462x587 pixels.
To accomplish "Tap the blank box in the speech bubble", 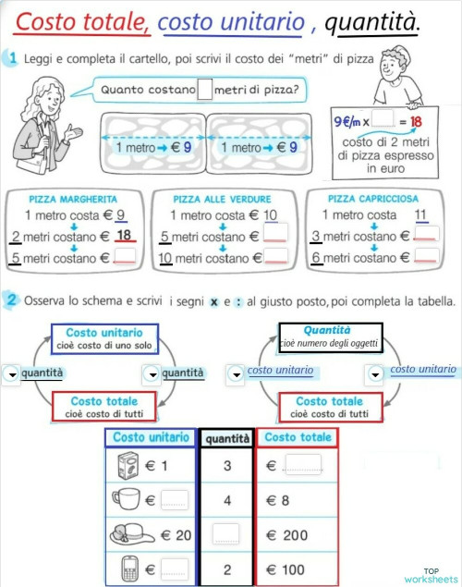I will pos(205,90).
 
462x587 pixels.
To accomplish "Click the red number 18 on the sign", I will pos(416,121).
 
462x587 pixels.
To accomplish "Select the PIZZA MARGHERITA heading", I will pos(73,199).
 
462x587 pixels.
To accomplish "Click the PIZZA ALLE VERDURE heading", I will pos(223,199).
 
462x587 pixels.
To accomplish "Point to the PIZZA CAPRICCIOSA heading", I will pos(373,198).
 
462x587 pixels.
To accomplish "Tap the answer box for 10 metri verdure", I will pos(275,257).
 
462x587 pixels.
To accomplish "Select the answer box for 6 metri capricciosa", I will pos(426,257).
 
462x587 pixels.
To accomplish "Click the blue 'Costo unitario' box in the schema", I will pos(104,338).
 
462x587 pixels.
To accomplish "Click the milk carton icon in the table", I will pos(128,466).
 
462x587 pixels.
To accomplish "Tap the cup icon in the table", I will pos(126,500).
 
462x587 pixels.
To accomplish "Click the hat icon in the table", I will pos(126,534).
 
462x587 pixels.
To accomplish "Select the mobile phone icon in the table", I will pos(128,568).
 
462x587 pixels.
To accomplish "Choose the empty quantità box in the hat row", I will pos(226,535).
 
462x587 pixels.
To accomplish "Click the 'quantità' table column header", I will pos(227,438).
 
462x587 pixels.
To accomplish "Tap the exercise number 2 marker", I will pos(10,300).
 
